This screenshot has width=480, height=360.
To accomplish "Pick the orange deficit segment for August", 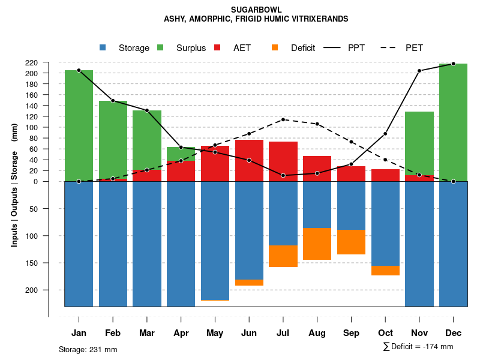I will coord(317,244).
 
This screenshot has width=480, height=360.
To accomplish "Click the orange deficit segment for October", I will coord(385,271).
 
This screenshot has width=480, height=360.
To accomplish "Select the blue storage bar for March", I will coord(147,244).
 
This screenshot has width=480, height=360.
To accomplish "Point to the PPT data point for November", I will coord(419,71).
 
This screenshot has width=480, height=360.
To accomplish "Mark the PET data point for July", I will coord(283,119).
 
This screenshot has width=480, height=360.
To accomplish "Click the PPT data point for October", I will coord(385,134).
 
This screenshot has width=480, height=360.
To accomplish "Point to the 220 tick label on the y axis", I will coord(48,62).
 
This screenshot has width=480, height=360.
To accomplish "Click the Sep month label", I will coord(351,333).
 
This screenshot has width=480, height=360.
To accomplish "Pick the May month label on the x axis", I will coord(215,333).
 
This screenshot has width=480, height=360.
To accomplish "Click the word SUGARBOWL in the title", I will coord(256,10).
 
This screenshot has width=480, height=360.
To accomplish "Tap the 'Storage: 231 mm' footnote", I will coord(88,349).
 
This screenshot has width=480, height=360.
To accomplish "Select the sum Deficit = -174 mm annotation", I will coord(418,347).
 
